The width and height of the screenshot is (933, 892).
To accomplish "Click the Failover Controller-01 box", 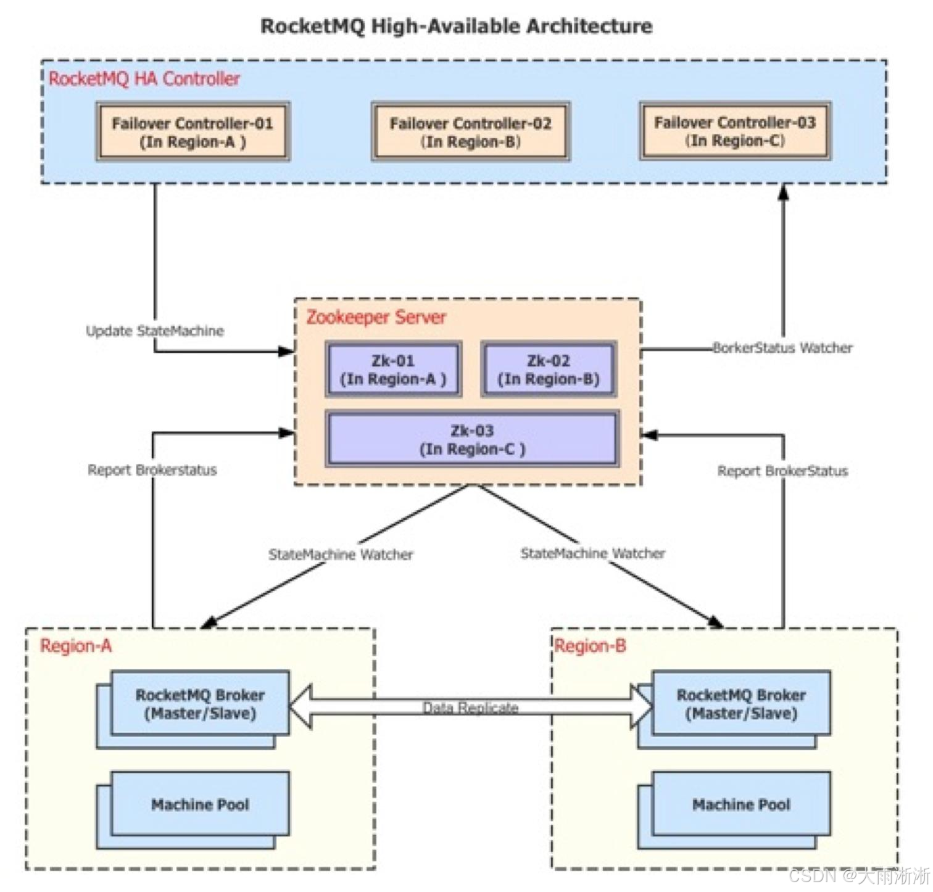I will pyautogui.click(x=193, y=132).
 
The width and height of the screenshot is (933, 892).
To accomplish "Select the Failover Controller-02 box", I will pyautogui.click(x=470, y=132).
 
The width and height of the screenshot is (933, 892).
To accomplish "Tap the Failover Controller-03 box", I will pyautogui.click(x=735, y=131).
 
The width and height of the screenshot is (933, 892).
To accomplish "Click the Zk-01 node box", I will pyautogui.click(x=393, y=370).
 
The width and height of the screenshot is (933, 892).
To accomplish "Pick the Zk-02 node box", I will pyautogui.click(x=549, y=370).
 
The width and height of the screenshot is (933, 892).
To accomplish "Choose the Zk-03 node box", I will pyautogui.click(x=472, y=439).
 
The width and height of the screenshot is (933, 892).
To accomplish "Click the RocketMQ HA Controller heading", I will pyautogui.click(x=144, y=79).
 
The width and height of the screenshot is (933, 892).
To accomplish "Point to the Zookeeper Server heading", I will pyautogui.click(x=376, y=317).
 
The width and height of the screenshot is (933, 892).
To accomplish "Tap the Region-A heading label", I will pyautogui.click(x=76, y=646).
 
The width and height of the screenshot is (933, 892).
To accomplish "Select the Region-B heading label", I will pyautogui.click(x=591, y=646).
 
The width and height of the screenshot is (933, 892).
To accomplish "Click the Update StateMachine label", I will pyautogui.click(x=155, y=331).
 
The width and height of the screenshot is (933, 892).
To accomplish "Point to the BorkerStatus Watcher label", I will pyautogui.click(x=782, y=348).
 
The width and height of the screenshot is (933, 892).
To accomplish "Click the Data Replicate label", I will pyautogui.click(x=470, y=708).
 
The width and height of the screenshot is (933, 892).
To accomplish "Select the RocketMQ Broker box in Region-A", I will pyautogui.click(x=200, y=704).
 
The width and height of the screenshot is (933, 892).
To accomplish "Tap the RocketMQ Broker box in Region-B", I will pyautogui.click(x=741, y=704).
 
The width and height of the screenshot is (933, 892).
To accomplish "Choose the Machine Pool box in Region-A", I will pyautogui.click(x=200, y=804).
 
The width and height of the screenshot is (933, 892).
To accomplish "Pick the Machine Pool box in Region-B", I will pyautogui.click(x=741, y=804).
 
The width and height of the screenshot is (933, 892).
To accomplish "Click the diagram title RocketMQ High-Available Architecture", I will pyautogui.click(x=456, y=26).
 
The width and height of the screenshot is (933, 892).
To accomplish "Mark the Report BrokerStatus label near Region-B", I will pyautogui.click(x=782, y=471).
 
